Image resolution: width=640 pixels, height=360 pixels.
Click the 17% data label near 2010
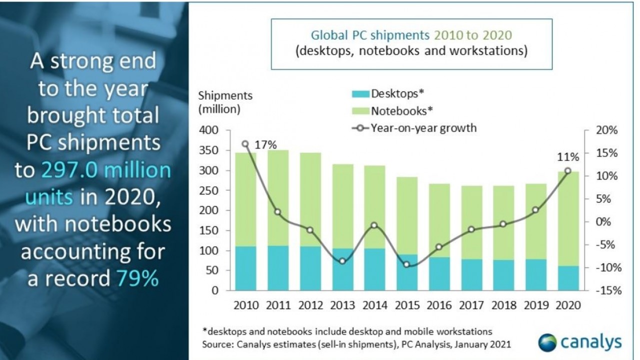[266, 145]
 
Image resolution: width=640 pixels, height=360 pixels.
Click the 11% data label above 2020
[568, 157]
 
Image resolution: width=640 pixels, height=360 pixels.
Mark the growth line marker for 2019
[535, 210]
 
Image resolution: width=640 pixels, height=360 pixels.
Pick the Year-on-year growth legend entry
[415, 128]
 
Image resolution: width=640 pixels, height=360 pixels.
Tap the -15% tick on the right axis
[607, 290]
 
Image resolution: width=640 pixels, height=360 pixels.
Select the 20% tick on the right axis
[607, 130]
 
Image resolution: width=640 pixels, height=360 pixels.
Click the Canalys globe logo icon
[547, 343]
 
